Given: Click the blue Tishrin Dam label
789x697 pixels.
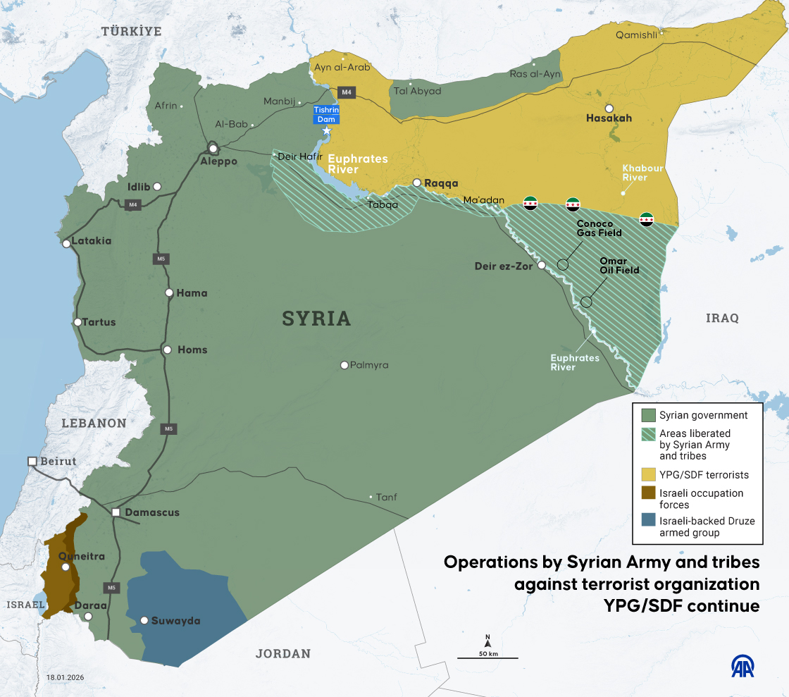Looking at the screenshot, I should point(326,114).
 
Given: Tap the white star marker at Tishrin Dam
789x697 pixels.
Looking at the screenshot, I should point(326,130).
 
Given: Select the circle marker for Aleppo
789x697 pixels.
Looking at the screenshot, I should point(213,149).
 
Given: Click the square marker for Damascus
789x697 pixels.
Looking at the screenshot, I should point(116,512).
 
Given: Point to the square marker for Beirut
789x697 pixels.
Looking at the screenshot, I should point(32,461).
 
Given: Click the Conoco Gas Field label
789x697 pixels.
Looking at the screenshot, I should point(599,228).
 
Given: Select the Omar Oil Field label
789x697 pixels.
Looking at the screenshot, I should point(619,265).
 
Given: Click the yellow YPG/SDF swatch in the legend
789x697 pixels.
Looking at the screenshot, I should point(648,474).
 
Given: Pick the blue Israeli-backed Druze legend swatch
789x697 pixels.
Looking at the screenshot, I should point(648,522).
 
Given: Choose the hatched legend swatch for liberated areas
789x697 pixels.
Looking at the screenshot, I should point(648,434).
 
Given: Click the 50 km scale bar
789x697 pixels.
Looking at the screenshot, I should point(487,657).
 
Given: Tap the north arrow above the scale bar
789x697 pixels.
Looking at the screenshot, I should point(487,641).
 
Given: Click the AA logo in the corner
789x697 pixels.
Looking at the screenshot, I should point(745,667).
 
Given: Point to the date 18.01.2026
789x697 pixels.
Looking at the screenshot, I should point(65,677).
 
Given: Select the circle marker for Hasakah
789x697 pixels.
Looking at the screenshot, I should point(609,108).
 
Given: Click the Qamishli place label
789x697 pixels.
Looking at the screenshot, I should point(636,35).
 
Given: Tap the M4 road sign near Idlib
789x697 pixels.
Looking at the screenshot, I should point(132,205).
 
